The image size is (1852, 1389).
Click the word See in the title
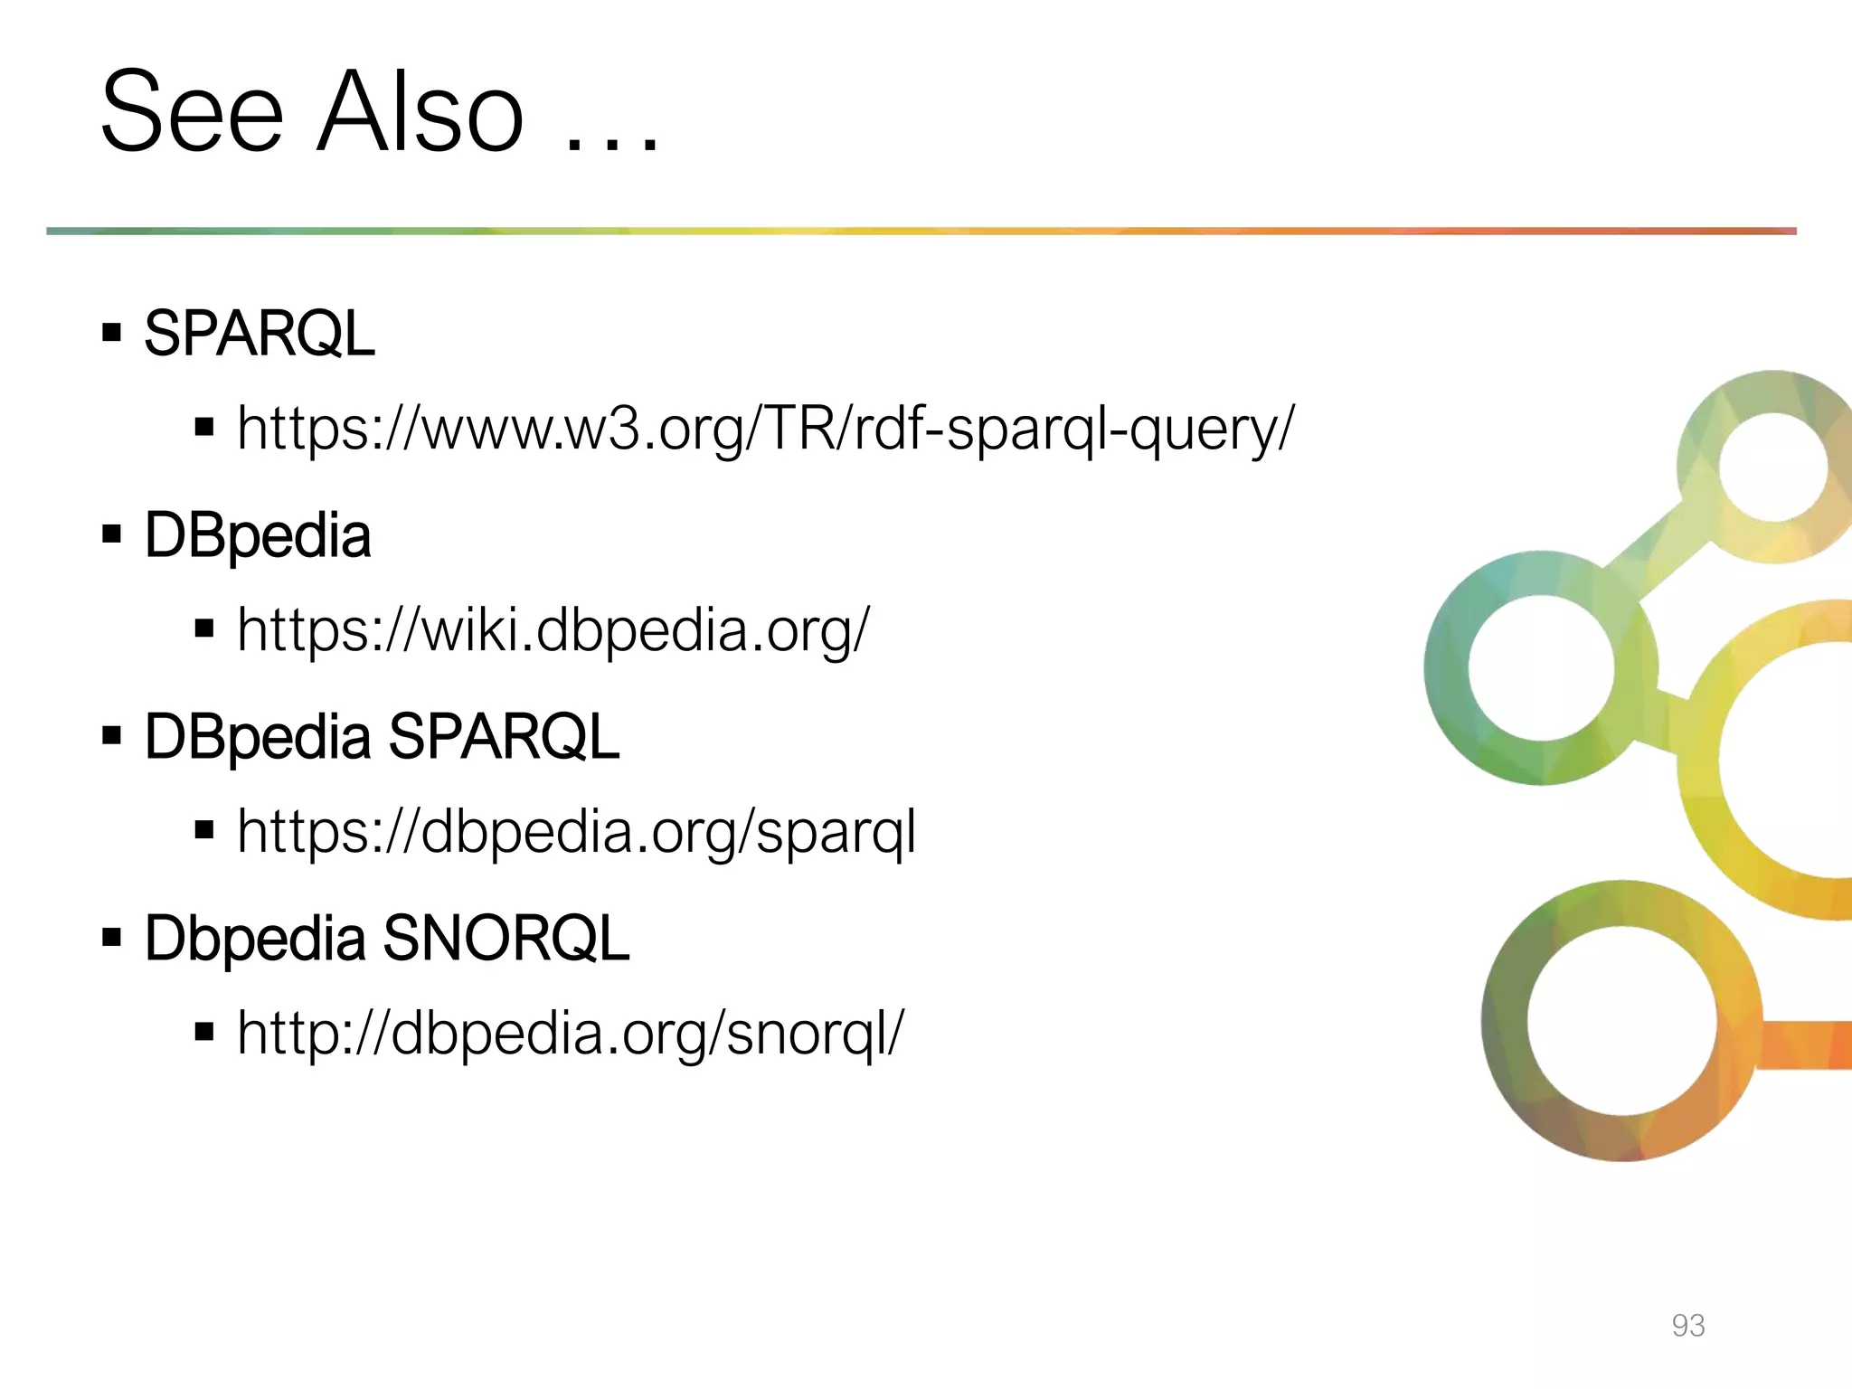[192, 113]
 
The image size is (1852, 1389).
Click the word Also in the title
[420, 113]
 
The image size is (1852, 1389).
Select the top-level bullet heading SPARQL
[260, 334]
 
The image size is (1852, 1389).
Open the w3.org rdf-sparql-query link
[765, 428]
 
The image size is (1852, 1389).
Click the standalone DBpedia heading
[258, 535]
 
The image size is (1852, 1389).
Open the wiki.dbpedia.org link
[553, 629]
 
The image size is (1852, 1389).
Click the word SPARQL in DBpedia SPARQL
[504, 736]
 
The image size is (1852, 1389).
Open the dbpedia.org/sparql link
[576, 831]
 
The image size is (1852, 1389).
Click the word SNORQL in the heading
[506, 938]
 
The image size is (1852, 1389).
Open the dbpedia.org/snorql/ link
[570, 1033]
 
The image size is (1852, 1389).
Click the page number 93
[1687, 1325]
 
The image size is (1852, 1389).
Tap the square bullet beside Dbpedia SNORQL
[112, 938]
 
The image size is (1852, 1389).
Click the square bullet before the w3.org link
[204, 427]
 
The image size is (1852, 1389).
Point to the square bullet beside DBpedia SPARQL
[112, 736]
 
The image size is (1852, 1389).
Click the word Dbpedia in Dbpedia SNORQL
[254, 938]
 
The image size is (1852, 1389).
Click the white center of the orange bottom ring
[1621, 1021]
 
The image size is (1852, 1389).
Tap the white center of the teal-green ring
[1541, 668]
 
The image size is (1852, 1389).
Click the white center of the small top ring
[1772, 467]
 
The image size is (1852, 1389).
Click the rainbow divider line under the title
[921, 231]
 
